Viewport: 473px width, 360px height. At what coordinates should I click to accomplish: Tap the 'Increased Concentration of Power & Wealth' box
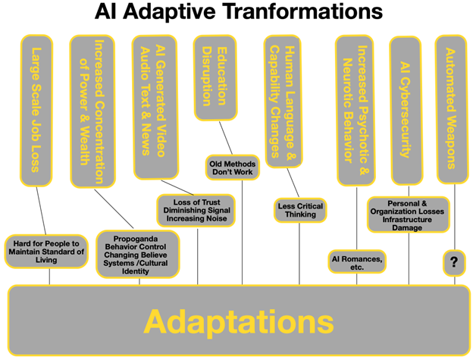92,111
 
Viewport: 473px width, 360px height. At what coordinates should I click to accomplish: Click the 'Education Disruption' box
218,77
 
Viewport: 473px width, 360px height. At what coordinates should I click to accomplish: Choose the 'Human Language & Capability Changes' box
282,102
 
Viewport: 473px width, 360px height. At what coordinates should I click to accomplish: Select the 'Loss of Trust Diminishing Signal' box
197,210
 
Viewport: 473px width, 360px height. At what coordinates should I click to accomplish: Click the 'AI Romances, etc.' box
356,261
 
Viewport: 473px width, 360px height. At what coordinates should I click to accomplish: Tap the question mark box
453,262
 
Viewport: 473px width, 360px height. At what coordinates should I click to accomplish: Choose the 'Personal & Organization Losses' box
407,215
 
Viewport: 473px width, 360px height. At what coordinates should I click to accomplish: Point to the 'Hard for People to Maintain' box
45,251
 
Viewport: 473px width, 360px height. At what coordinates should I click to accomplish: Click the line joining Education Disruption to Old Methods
227,138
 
